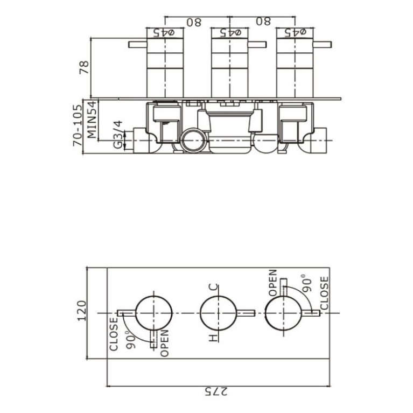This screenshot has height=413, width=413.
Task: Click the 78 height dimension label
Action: pyautogui.click(x=83, y=67)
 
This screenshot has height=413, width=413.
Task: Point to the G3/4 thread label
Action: pyautogui.click(x=117, y=134)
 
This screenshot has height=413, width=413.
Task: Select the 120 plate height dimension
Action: pyautogui.click(x=81, y=311)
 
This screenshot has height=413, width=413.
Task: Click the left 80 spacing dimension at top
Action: pyautogui.click(x=194, y=22)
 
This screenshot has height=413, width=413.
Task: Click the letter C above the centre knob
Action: pyautogui.click(x=214, y=287)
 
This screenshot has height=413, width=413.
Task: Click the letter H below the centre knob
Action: pyautogui.click(x=214, y=338)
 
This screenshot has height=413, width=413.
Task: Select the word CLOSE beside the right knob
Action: pyautogui.click(x=324, y=292)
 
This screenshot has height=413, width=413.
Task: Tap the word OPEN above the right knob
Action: pyautogui.click(x=272, y=283)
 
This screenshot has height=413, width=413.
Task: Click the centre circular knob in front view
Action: pyautogui.click(x=218, y=312)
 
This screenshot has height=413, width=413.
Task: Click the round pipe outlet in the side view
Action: pyautogui.click(x=192, y=141)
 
